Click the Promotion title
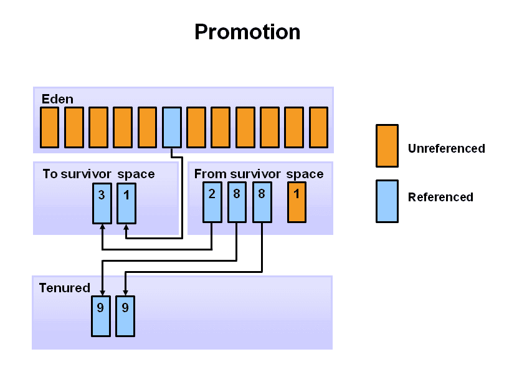(247, 32)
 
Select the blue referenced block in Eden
(172, 127)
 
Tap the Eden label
(57, 99)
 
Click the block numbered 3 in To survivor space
(102, 203)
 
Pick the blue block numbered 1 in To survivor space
(126, 203)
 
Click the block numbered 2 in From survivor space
(212, 203)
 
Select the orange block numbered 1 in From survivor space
(297, 203)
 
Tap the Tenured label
(64, 288)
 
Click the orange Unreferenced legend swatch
(387, 146)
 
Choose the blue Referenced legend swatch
(387, 201)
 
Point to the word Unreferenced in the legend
(447, 148)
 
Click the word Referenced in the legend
(440, 197)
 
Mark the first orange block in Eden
(50, 127)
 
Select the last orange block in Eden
(318, 127)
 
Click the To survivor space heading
(98, 174)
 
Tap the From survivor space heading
(259, 174)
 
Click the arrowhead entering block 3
(102, 227)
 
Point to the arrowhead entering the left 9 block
(102, 292)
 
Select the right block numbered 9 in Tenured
(125, 317)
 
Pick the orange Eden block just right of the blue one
(196, 127)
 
